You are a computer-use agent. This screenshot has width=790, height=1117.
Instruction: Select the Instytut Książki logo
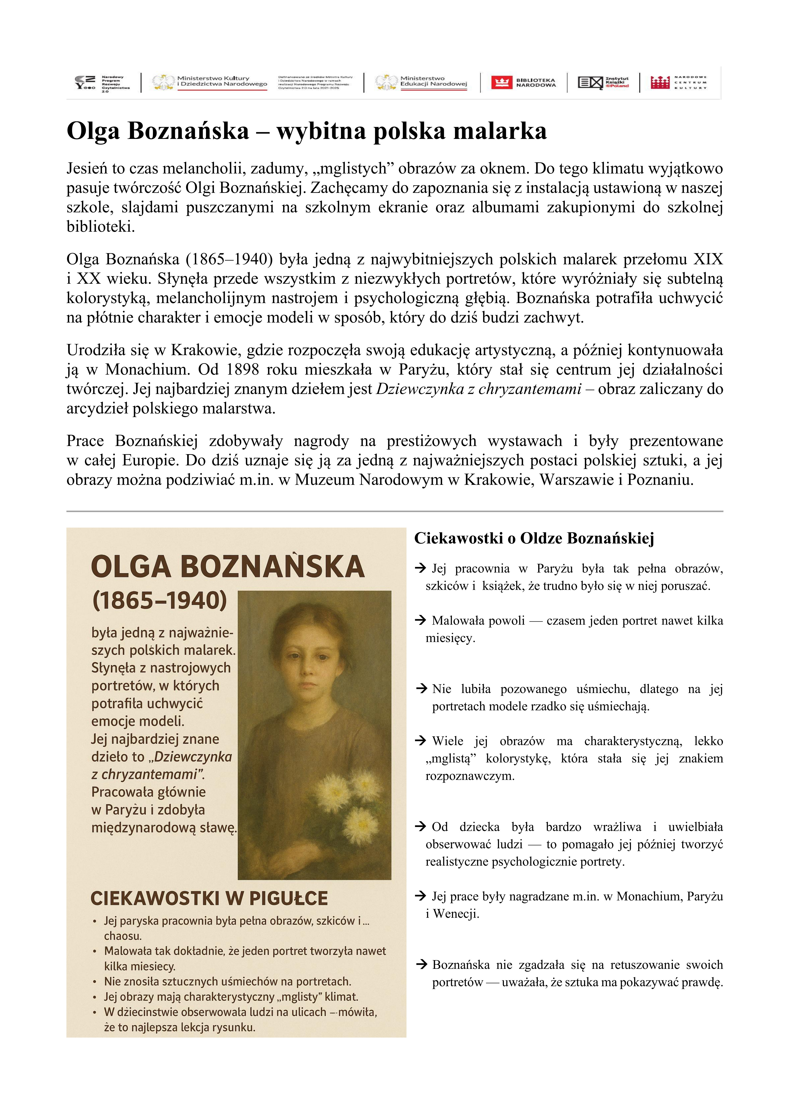tap(603, 82)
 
